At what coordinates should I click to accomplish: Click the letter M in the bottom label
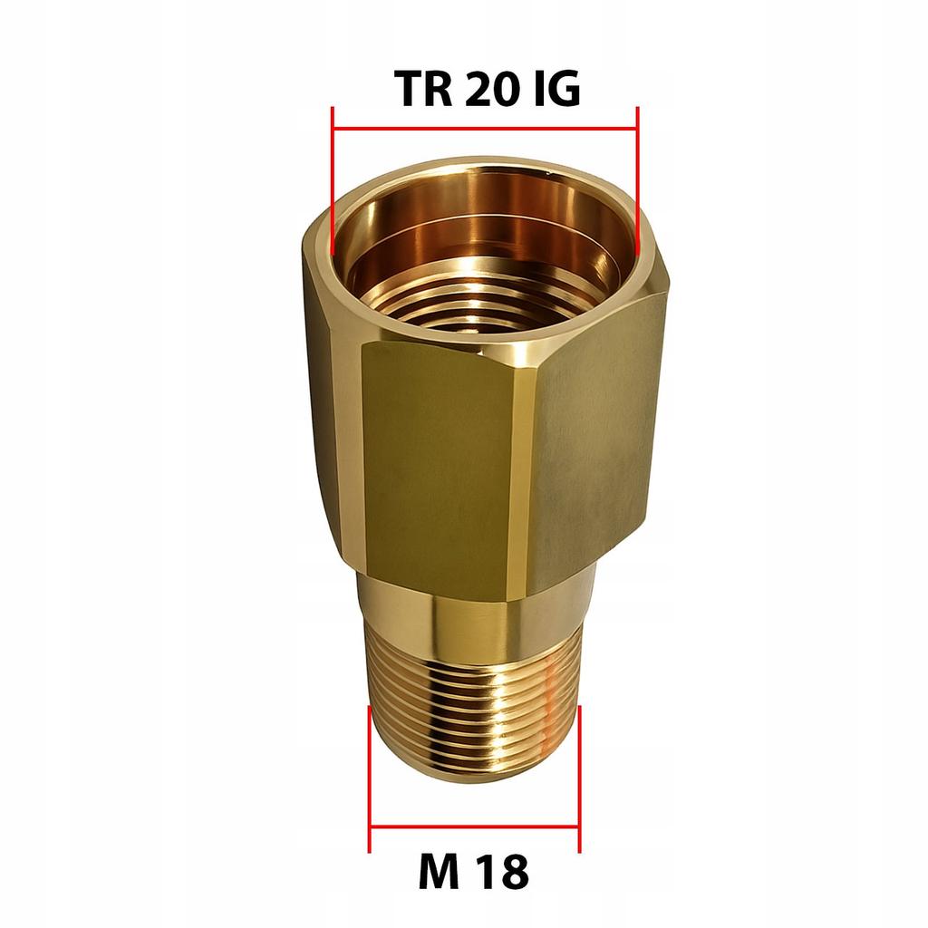(439, 874)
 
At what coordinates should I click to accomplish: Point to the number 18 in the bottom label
(503, 874)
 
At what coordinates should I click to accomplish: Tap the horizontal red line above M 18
(474, 826)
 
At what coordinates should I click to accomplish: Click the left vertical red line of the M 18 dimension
(370, 779)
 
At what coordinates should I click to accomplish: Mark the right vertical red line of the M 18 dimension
(579, 779)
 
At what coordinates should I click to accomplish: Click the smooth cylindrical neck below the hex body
(471, 616)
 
